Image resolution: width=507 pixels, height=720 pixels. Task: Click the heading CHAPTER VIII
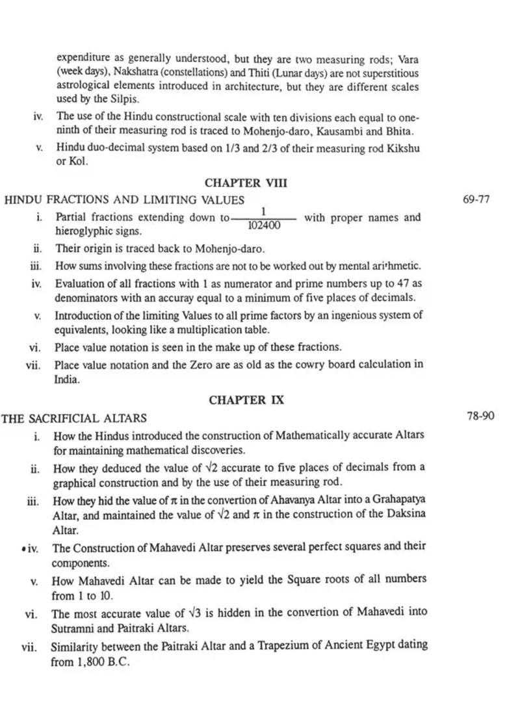coord(246,183)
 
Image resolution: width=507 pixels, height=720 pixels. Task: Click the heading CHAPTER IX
coord(246,400)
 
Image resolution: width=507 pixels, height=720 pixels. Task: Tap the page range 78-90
coord(480,415)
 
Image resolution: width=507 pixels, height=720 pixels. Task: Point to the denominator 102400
coord(264,225)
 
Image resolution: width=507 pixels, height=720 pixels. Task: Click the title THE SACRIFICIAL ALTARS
coord(74,418)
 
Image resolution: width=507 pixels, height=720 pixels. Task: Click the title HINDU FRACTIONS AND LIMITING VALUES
coord(124,200)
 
